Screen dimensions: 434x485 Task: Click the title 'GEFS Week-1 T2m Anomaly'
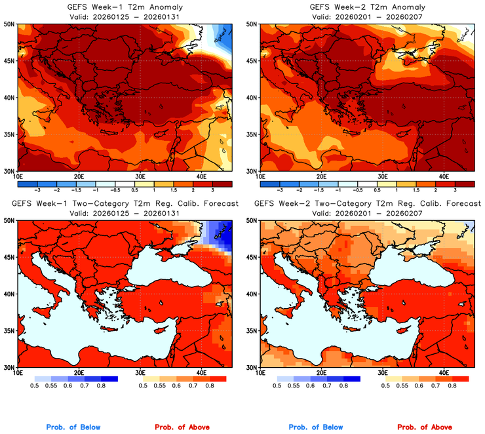(x=125, y=7)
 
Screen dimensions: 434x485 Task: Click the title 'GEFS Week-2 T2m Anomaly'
(x=367, y=7)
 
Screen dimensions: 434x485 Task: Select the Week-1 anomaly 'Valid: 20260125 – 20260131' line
(x=125, y=16)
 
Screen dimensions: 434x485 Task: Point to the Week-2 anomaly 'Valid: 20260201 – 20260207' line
(x=367, y=16)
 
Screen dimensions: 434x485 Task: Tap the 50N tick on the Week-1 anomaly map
(x=9, y=24)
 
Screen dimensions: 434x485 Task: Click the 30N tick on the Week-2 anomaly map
(x=251, y=171)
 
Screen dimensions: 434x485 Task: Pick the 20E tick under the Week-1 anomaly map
(x=79, y=177)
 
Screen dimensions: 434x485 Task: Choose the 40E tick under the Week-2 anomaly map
(x=443, y=177)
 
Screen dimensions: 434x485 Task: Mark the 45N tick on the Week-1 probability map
(x=9, y=257)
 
